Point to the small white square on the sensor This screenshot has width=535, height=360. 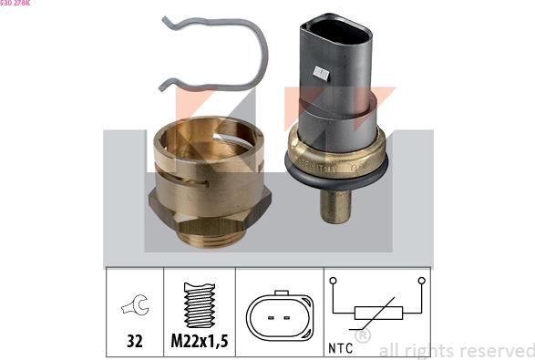tap(320, 71)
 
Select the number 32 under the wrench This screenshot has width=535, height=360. tap(134, 344)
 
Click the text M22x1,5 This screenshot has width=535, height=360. tap(200, 344)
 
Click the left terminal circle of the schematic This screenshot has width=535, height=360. tap(334, 281)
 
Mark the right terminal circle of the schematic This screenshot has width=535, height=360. tap(421, 281)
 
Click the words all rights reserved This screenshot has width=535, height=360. tap(456, 350)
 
